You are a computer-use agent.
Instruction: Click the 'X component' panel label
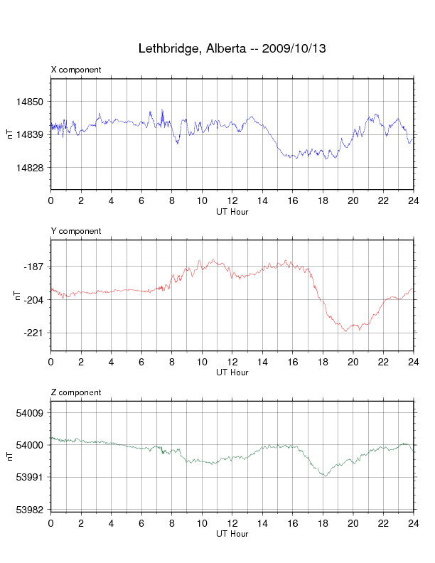76,70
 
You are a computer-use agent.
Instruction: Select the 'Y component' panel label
76,231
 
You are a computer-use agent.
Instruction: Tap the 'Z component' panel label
76,392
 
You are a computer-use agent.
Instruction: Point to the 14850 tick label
33,102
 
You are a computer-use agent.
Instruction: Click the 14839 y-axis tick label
33,134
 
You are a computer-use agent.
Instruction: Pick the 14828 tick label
33,168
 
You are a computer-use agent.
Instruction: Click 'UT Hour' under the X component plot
232,210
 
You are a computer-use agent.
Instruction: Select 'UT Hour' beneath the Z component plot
232,534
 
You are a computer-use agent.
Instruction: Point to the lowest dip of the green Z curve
326,476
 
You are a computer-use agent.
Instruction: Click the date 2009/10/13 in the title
294,49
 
